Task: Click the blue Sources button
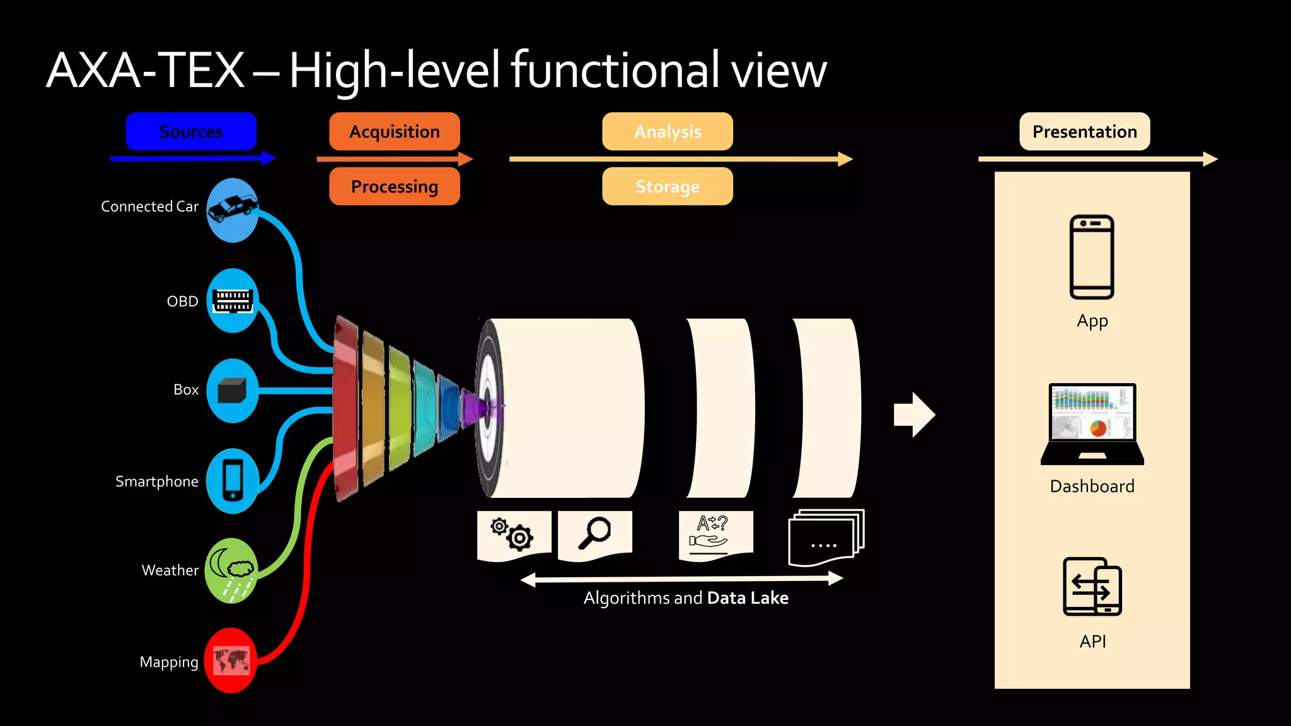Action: pyautogui.click(x=191, y=132)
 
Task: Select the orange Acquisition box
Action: pyautogui.click(x=395, y=132)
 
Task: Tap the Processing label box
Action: pyautogui.click(x=395, y=187)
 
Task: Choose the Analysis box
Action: pyautogui.click(x=668, y=132)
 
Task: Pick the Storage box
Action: pyautogui.click(x=668, y=187)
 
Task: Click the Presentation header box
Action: pyautogui.click(x=1084, y=132)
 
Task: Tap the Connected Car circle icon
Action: pyautogui.click(x=233, y=210)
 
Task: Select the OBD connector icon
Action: pyautogui.click(x=233, y=301)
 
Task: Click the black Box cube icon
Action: pyautogui.click(x=232, y=391)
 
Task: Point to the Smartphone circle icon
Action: pyautogui.click(x=233, y=481)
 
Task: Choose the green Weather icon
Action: pyautogui.click(x=231, y=570)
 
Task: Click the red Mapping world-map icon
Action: pyautogui.click(x=231, y=660)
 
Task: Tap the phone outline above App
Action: pyautogui.click(x=1092, y=256)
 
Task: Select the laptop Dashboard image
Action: pyautogui.click(x=1092, y=423)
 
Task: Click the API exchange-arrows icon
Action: pyautogui.click(x=1092, y=587)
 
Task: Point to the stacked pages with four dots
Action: pyautogui.click(x=825, y=538)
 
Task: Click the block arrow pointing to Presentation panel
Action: pyautogui.click(x=914, y=415)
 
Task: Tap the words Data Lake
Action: pyautogui.click(x=748, y=597)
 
